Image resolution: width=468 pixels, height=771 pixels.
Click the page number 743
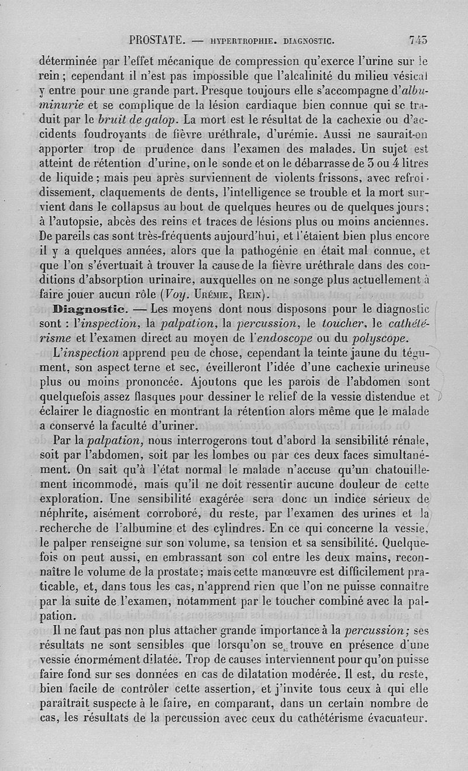coord(418,41)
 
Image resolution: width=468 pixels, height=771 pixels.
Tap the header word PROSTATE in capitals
coord(157,41)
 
